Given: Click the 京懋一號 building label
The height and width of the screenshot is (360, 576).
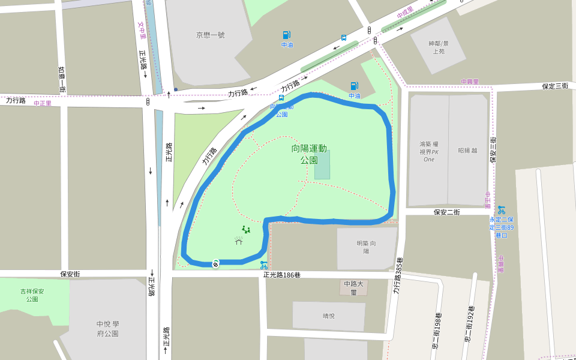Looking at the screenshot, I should pos(210,35).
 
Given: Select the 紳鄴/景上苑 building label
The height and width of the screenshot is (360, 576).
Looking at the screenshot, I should pos(438,47).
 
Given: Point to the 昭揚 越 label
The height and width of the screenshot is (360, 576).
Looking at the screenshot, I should pos(467,151).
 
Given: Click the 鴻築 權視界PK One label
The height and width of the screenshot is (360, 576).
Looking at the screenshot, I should pos(428,151).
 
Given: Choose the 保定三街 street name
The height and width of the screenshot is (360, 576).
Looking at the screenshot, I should pos(554,86).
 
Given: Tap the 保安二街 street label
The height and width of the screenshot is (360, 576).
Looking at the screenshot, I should pos(446,212).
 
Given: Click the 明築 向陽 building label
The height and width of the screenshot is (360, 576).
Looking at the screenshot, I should pos(366,247).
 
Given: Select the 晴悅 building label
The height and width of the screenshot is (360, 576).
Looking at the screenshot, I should pos(329,316).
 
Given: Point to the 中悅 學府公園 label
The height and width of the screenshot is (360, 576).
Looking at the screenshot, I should pos(107,329).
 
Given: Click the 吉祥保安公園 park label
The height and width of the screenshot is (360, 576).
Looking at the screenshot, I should pos(32,295).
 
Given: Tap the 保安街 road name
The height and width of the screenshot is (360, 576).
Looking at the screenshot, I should pos(70,274).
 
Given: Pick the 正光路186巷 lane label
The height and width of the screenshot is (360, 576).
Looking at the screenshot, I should pos(281,275).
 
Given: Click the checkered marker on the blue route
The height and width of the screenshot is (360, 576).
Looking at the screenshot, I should pos(215,263).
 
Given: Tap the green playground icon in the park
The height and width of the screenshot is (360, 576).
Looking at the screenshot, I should pos(245,229).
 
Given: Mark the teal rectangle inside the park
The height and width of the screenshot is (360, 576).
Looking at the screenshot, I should pos(322,165).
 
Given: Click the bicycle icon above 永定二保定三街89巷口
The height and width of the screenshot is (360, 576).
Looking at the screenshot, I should pos(501,209).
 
